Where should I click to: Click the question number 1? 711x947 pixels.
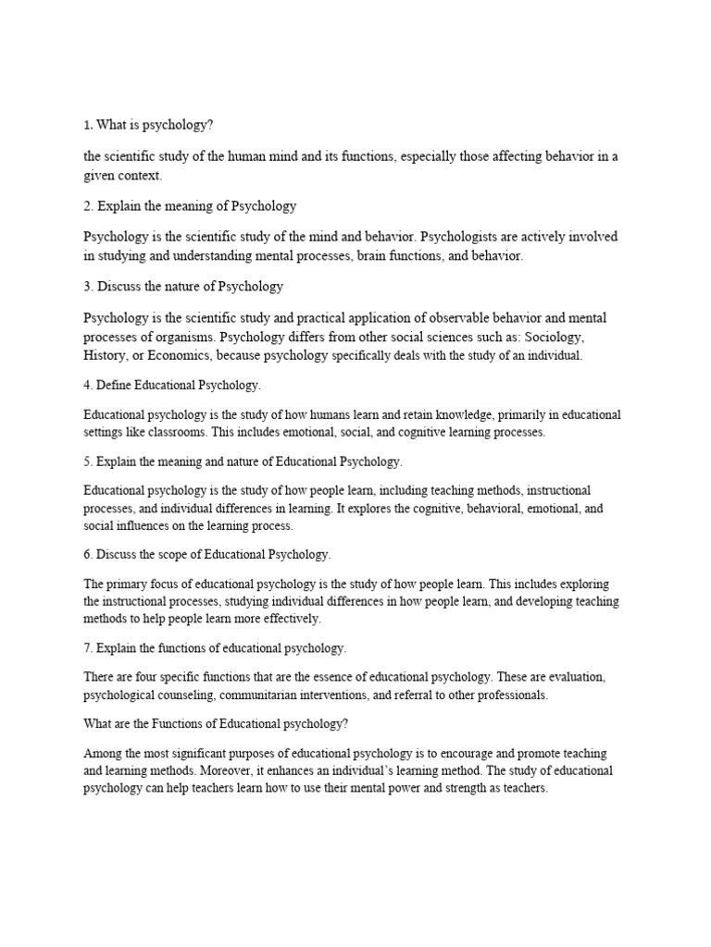pyautogui.click(x=87, y=124)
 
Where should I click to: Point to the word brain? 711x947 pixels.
pyautogui.click(x=370, y=256)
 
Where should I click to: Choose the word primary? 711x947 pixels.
pyautogui.click(x=131, y=584)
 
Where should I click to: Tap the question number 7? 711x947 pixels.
pyautogui.click(x=87, y=647)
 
